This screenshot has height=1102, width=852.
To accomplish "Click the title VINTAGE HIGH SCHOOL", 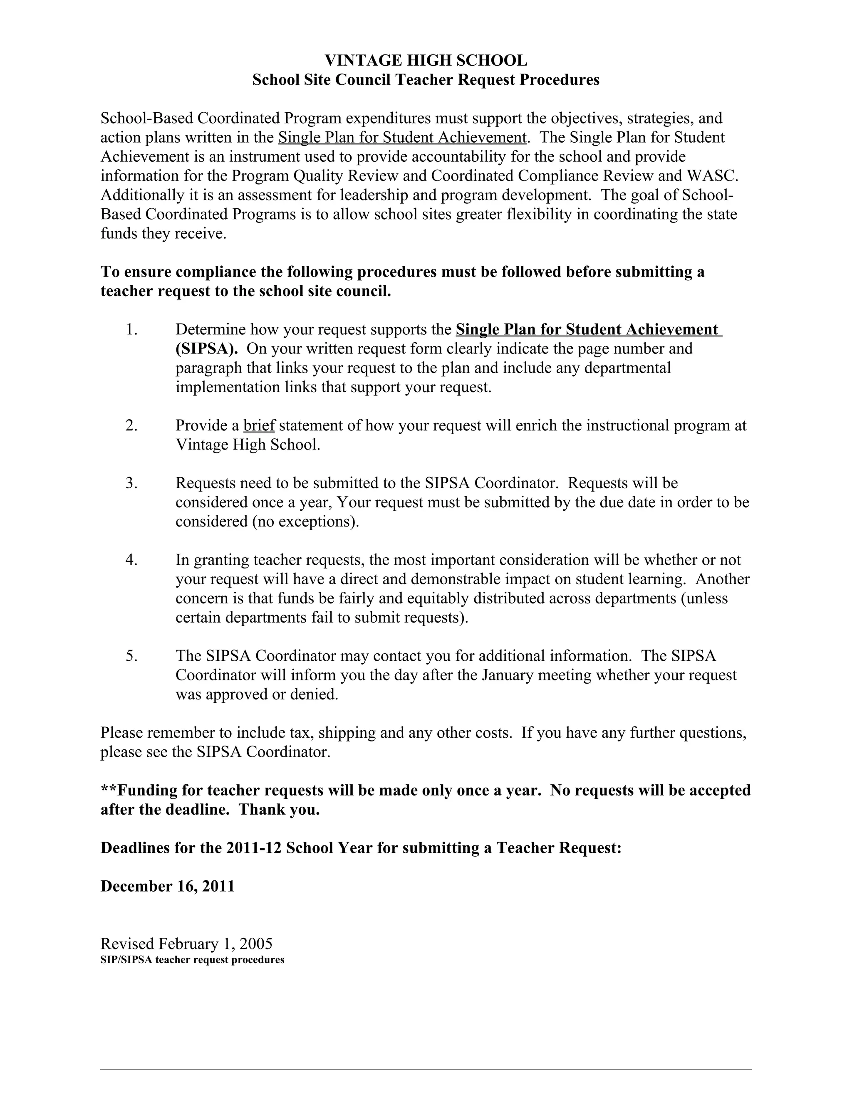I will tap(426, 61).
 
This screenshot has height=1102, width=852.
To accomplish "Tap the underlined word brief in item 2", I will tap(258, 425).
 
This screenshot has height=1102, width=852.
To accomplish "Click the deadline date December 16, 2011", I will tap(168, 886).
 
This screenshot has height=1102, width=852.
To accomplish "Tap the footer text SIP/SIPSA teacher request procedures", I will tap(192, 960).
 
